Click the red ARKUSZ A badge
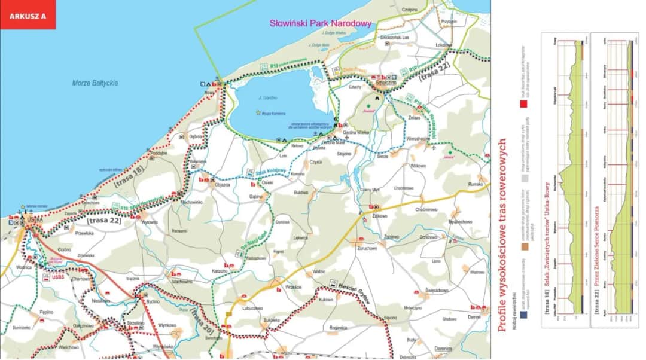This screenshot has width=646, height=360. [28, 16]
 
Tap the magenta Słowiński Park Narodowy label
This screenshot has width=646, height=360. [320, 24]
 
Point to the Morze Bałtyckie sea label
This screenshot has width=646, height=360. [95, 83]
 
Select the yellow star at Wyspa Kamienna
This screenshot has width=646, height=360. [258, 112]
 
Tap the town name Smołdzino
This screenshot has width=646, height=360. [383, 83]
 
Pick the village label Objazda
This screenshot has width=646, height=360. [222, 184]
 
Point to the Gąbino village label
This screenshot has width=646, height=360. [256, 196]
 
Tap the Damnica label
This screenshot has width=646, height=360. [443, 348]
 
